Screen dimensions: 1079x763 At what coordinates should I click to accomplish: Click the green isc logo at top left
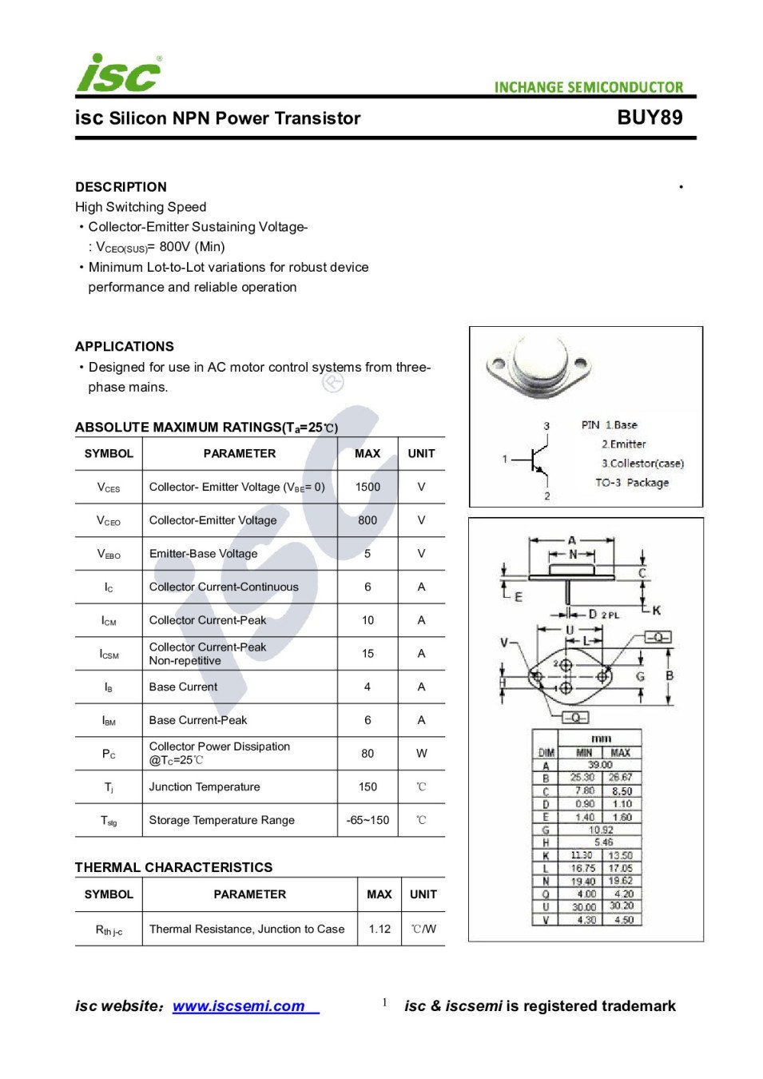118,74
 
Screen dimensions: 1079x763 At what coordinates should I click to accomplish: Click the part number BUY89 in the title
650,117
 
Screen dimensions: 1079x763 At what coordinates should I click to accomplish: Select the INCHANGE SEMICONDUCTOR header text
589,87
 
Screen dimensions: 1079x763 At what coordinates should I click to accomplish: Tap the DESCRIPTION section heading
121,187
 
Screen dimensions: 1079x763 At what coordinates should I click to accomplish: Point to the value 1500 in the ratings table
368,487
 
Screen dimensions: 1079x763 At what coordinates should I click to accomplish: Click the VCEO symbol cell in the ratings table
109,520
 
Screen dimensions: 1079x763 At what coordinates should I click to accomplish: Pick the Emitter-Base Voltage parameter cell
203,554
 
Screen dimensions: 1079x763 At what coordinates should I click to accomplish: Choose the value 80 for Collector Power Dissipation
368,753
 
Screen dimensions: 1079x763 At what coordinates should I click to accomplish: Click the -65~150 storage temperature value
368,820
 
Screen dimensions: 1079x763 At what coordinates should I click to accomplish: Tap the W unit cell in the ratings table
421,753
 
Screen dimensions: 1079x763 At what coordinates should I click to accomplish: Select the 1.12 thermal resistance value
380,929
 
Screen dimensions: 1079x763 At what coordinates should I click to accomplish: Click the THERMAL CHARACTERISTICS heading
173,867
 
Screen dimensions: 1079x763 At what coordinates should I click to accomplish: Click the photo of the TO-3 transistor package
538,368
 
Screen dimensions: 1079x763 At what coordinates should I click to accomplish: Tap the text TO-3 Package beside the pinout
632,483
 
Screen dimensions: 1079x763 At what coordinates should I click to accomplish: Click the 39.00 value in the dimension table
600,765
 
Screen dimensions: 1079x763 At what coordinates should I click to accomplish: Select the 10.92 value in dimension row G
601,830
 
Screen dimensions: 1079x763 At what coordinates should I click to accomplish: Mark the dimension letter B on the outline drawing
670,675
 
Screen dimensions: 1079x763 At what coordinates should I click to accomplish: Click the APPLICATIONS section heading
124,347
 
